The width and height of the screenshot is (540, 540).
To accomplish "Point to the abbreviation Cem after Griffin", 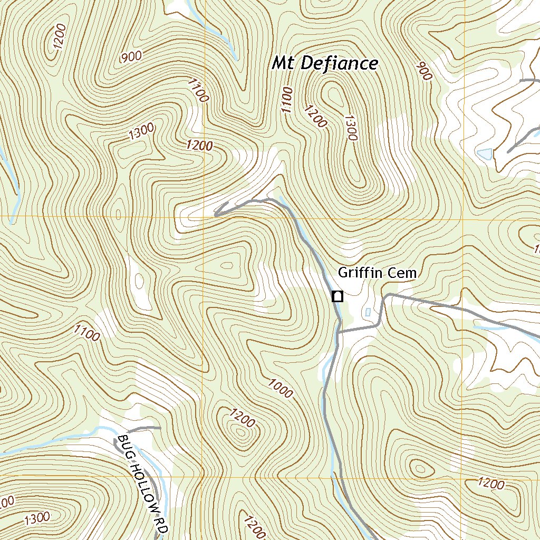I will coord(401,273).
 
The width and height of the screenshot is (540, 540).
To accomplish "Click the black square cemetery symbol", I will coord(337,296).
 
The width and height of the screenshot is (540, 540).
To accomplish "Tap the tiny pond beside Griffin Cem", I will coord(368,312).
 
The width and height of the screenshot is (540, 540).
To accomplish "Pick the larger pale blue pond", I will coord(485,154).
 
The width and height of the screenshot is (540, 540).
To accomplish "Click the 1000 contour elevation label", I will coord(279,388).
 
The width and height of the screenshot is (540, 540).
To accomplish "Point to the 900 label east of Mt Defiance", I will coord(423,71).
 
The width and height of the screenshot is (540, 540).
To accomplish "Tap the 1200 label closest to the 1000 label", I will coord(243,417).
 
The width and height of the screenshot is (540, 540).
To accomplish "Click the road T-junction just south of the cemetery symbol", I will coord(339,332).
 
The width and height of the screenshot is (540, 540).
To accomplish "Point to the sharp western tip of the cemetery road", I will coord(216,215).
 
